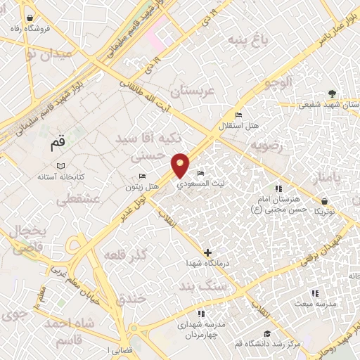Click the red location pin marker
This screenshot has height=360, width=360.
[x=181, y=165]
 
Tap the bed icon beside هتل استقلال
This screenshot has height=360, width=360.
[x=238, y=115]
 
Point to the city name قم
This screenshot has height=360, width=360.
[x=57, y=146]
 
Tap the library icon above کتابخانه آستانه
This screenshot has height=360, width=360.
[x=60, y=166]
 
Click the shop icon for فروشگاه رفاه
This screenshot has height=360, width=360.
[x=29, y=18]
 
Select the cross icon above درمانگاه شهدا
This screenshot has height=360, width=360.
[x=207, y=252]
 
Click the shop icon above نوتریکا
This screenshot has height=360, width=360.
[x=323, y=200]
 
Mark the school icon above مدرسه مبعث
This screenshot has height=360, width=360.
[x=314, y=292]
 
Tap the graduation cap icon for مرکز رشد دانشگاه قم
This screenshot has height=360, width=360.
[x=266, y=334]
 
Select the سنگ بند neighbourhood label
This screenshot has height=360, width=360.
[x=200, y=288]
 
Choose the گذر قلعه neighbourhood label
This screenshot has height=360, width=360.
[x=124, y=254]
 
